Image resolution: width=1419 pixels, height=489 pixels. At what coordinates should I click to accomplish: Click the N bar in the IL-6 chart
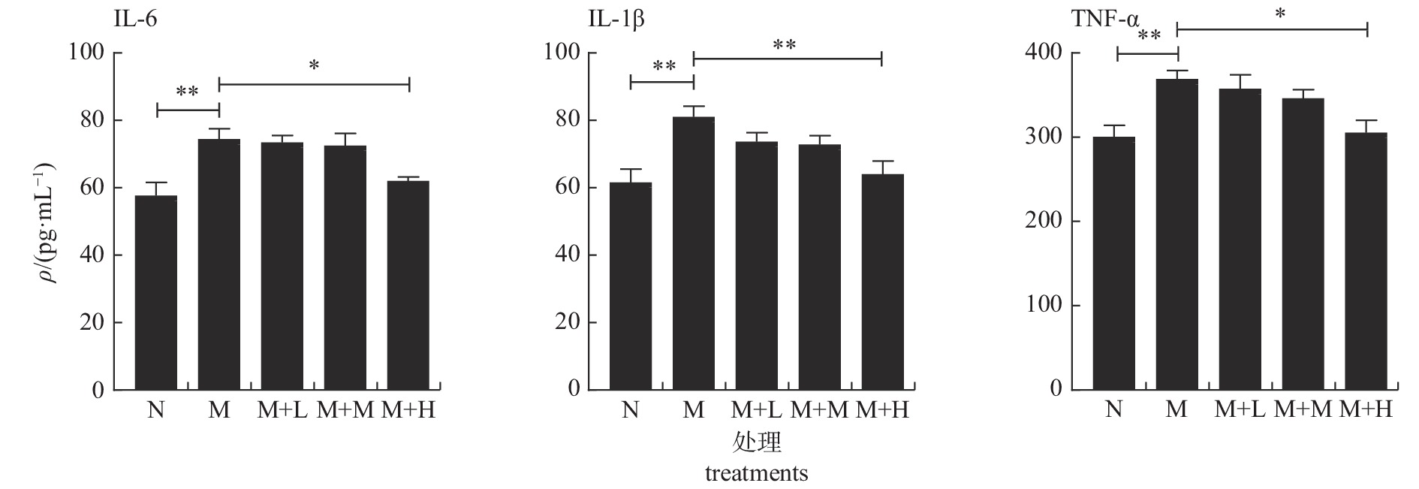click(x=156, y=293)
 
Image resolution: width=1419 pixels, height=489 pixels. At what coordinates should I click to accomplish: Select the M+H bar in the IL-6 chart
click(x=408, y=285)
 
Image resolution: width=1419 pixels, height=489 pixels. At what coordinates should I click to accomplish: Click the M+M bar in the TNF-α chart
click(x=1303, y=244)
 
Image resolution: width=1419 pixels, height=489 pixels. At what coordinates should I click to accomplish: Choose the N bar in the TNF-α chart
click(x=1114, y=263)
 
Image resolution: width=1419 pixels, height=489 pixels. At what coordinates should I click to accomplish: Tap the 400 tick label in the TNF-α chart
click(x=1043, y=53)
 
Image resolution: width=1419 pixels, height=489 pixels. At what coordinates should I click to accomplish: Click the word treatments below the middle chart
click(x=756, y=474)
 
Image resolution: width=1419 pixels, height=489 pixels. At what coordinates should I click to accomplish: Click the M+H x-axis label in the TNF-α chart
click(x=1366, y=410)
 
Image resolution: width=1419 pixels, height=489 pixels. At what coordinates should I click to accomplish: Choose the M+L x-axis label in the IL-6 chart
click(x=282, y=410)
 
